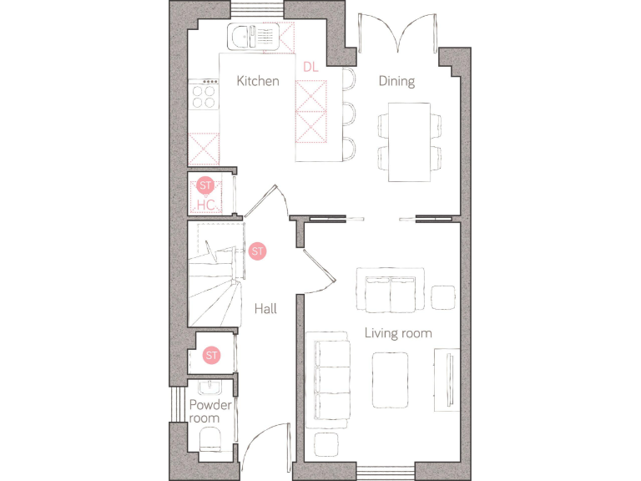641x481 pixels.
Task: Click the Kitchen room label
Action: click(257, 81)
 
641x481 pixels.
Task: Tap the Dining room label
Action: click(396, 81)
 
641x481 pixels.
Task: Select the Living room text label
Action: click(398, 333)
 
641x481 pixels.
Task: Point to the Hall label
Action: click(265, 309)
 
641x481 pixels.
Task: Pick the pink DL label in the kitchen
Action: click(310, 66)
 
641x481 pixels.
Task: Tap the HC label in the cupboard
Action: click(205, 204)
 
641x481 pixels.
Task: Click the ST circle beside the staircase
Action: click(257, 251)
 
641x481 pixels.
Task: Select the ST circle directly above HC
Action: click(205, 185)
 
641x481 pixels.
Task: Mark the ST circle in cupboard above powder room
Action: click(211, 355)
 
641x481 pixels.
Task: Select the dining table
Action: click(409, 142)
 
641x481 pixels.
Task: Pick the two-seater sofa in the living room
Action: click(390, 289)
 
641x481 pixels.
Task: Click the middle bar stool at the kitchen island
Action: click(349, 114)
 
